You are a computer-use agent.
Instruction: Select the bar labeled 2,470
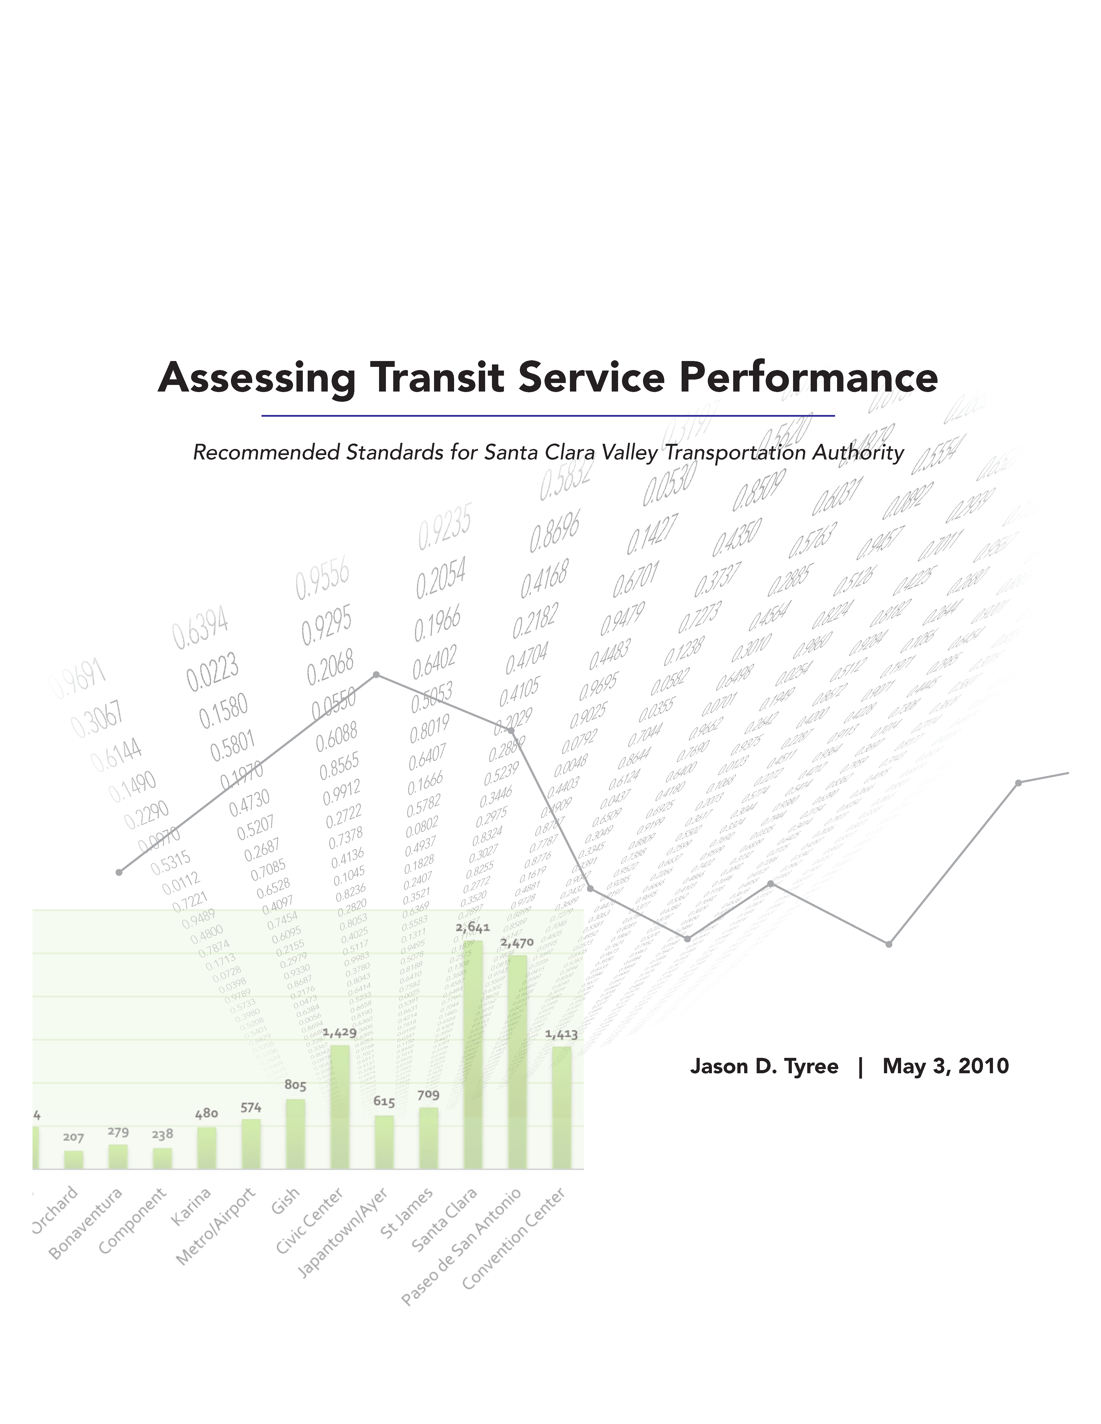point(517,1063)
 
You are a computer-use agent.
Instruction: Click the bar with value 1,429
point(340,1108)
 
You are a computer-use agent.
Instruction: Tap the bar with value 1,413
point(562,1108)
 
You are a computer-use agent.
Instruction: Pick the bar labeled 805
point(295,1135)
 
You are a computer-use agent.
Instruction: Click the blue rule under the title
point(548,415)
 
